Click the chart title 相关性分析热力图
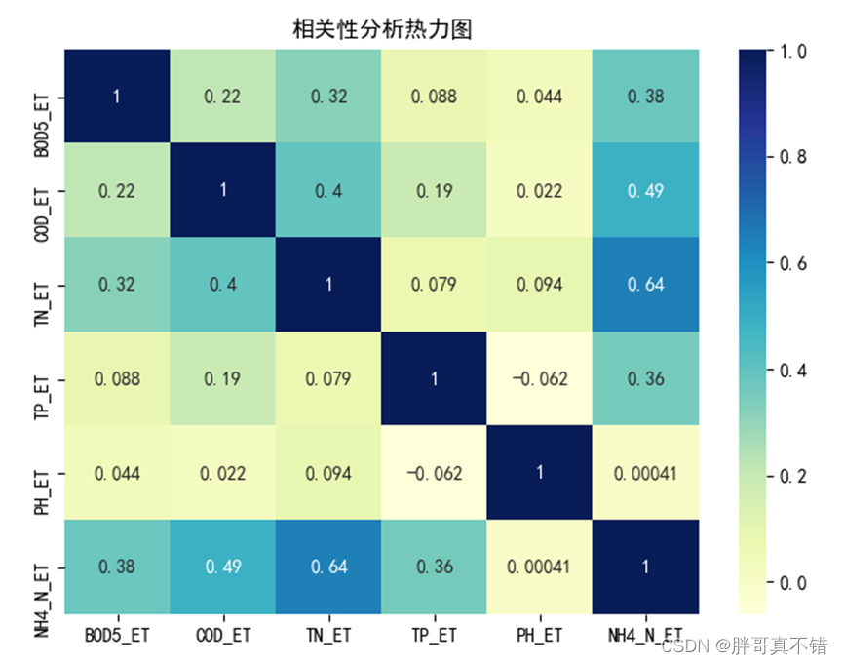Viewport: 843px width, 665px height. pos(382,29)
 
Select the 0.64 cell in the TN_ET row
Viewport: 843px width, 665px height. pos(644,284)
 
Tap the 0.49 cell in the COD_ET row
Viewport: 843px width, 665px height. pos(644,190)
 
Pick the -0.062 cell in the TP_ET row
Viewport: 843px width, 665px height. pos(539,378)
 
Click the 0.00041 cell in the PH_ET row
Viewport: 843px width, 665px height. pos(644,473)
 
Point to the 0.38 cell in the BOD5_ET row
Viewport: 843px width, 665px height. pos(644,96)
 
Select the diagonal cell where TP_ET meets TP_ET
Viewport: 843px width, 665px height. pos(434,378)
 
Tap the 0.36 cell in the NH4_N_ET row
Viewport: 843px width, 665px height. pos(434,567)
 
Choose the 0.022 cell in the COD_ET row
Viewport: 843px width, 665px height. pos(539,190)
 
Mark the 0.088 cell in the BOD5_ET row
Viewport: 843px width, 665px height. pos(434,96)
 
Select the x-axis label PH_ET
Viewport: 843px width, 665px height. pos(539,635)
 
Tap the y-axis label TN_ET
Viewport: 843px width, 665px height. pos(41,285)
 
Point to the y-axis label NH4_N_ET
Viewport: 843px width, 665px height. pos(41,567)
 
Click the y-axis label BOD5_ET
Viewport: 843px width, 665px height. pos(41,96)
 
